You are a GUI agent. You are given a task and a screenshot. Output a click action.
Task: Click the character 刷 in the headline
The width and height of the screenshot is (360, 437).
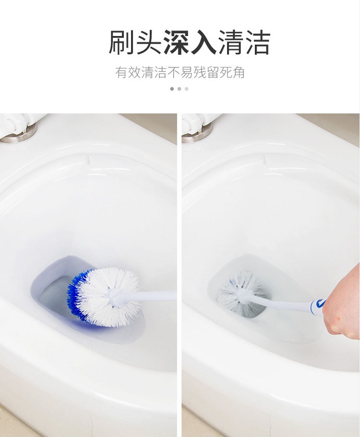click(121, 43)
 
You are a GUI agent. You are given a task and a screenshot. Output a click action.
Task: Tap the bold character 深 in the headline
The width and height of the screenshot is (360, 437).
click(176, 43)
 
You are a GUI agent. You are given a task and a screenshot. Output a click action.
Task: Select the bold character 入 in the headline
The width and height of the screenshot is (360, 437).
click(203, 43)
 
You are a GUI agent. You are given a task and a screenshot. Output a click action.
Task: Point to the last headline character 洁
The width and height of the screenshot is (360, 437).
click(257, 43)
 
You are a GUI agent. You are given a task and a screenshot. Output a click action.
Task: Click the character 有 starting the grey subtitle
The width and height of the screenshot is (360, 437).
click(121, 73)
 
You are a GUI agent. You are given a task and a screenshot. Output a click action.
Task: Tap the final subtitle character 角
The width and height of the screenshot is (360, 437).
click(238, 73)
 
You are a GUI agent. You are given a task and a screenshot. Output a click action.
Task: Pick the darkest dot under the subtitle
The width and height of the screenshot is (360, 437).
click(172, 89)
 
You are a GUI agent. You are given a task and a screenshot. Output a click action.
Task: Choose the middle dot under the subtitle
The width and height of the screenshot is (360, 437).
click(180, 89)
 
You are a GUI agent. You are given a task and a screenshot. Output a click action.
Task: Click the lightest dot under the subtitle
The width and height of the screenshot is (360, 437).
click(187, 89)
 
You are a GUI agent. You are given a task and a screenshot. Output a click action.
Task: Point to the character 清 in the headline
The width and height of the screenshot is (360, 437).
click(230, 43)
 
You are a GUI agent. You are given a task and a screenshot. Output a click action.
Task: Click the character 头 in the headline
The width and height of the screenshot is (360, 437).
click(149, 43)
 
